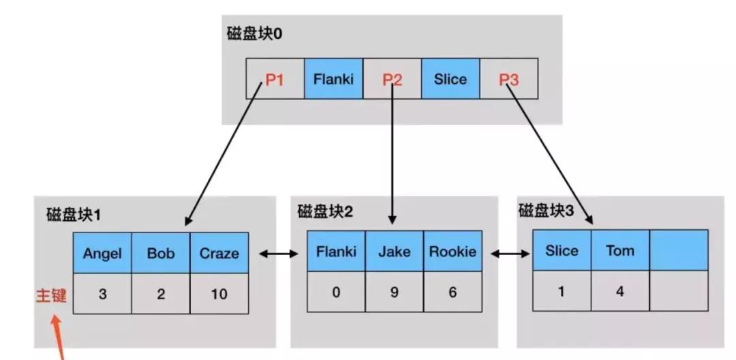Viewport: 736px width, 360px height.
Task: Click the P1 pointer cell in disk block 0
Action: (x=275, y=79)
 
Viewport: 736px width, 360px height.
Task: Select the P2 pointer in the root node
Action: (x=392, y=79)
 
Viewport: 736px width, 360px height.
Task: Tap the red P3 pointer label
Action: (x=508, y=79)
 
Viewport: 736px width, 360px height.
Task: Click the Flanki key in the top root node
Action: (x=333, y=79)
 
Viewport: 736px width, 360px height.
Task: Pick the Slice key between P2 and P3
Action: (x=450, y=79)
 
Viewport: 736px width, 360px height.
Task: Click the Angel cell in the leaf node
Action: (x=102, y=253)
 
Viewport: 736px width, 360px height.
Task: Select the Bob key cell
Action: (x=161, y=253)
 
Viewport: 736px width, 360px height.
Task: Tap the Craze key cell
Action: (x=219, y=253)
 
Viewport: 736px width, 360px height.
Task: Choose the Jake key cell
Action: (x=395, y=252)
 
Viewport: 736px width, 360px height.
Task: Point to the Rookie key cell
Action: (x=453, y=252)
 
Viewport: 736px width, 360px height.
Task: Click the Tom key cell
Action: (x=620, y=250)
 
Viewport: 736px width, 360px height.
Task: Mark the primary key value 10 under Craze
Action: (x=219, y=294)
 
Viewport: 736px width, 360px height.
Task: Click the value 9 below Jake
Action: (x=395, y=292)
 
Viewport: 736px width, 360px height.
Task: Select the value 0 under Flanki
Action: (x=336, y=292)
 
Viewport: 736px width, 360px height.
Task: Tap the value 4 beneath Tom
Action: (x=620, y=291)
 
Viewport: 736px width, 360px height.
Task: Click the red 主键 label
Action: (x=51, y=296)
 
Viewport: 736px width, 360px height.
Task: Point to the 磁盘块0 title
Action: (x=254, y=33)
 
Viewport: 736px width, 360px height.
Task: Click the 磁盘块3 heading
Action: (x=546, y=210)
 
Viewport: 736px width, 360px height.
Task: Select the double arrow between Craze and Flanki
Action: (x=279, y=254)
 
